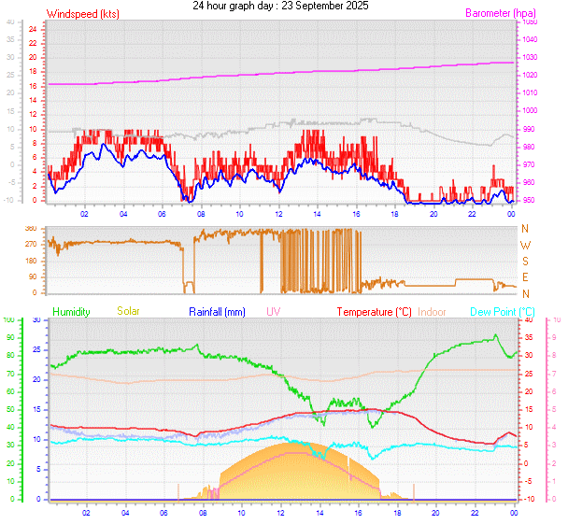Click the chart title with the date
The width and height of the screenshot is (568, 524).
click(280, 6)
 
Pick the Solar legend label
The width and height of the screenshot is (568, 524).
click(128, 311)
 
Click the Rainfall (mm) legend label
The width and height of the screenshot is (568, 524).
click(217, 311)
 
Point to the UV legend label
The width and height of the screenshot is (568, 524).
click(273, 311)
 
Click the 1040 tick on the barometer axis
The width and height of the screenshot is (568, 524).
click(531, 39)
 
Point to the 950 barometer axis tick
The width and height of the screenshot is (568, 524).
click(530, 201)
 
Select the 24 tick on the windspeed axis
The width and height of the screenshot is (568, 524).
click(32, 29)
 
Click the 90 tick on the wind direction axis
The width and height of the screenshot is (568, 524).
click(32, 276)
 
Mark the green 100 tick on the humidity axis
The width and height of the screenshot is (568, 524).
click(9, 320)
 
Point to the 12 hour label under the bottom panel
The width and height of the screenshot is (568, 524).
click(279, 511)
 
